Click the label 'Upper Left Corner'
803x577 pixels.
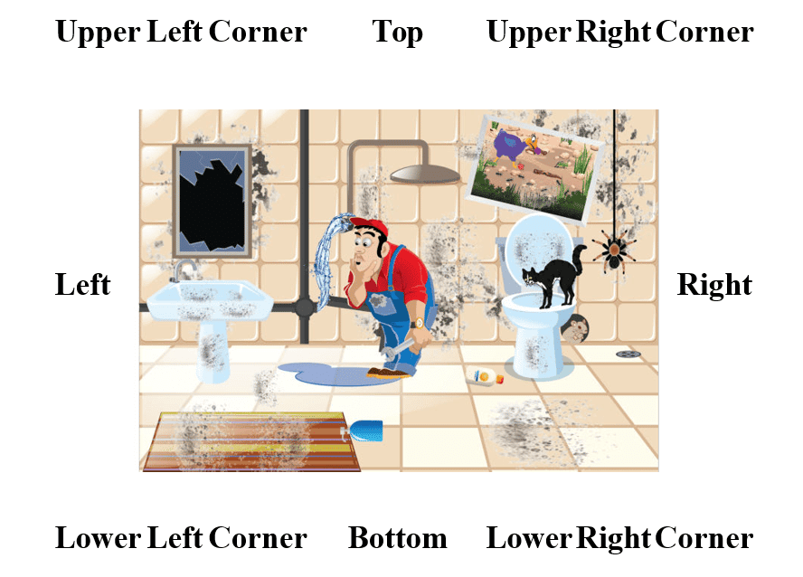181,32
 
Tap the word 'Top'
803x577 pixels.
397,33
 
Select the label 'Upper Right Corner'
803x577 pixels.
620,32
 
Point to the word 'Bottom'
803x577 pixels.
397,538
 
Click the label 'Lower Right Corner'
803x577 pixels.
619,539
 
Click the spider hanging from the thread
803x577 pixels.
614,251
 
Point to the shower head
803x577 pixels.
425,174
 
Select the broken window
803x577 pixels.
212,201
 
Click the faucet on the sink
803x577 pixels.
184,270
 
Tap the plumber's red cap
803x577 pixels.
370,224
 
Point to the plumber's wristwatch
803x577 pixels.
418,323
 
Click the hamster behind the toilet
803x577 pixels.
574,328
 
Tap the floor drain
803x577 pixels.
628,354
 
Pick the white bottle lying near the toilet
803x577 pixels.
485,376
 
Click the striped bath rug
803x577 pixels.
252,441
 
